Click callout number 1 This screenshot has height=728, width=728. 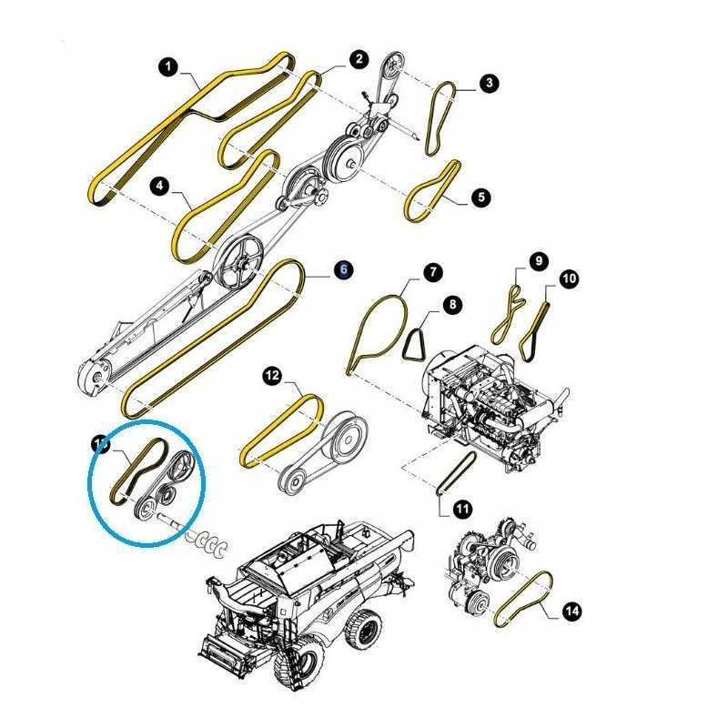(x=167, y=66)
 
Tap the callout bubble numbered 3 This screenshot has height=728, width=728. (x=490, y=84)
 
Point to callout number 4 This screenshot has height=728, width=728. (x=159, y=187)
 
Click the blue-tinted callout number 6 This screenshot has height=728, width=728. (x=343, y=269)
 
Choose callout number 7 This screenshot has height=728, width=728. (x=431, y=271)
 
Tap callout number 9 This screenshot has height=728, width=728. (x=538, y=261)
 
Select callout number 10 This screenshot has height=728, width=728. (x=569, y=278)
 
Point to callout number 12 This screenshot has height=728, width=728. (x=272, y=374)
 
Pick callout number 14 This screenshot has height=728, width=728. (x=571, y=612)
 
